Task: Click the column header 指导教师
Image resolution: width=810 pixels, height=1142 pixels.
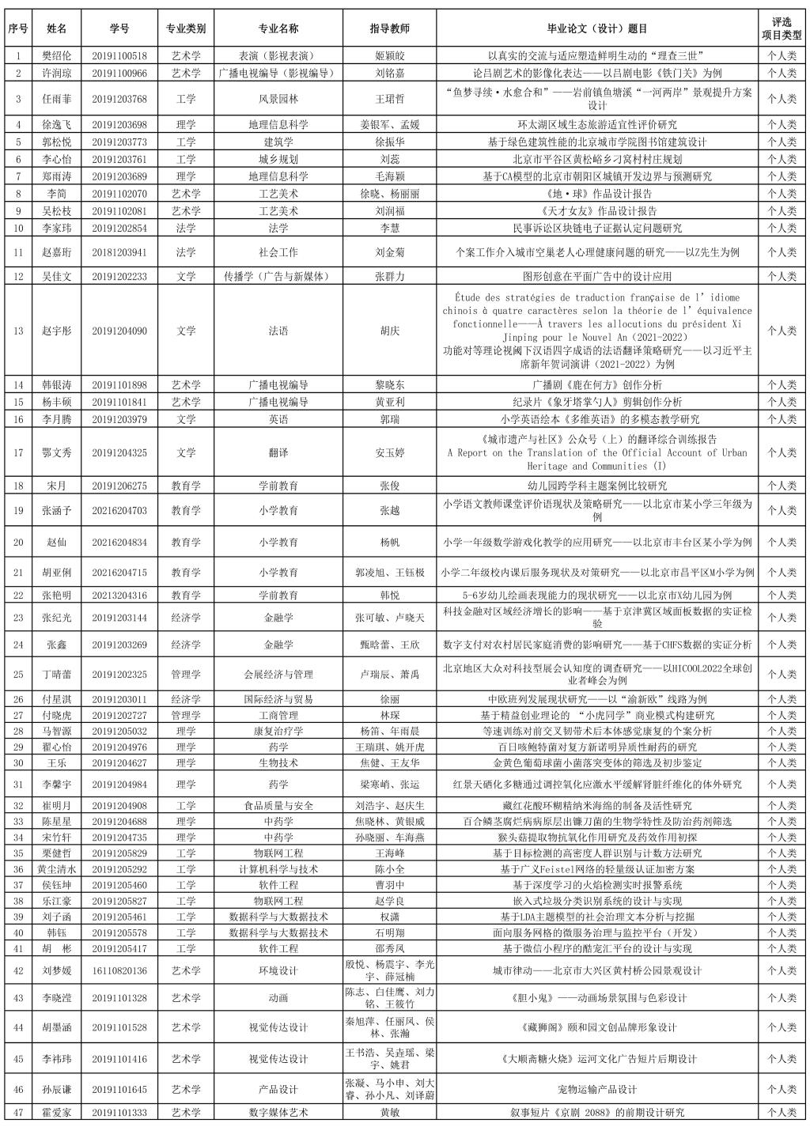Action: click(x=389, y=29)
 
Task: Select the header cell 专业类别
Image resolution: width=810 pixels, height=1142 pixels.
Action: click(x=186, y=29)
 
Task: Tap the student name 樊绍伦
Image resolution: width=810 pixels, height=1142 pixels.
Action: click(x=56, y=56)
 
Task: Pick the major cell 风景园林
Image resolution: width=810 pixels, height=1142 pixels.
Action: click(x=278, y=99)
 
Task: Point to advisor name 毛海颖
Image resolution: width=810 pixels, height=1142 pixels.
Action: click(x=389, y=176)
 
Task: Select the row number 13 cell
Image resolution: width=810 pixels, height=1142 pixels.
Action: click(x=18, y=331)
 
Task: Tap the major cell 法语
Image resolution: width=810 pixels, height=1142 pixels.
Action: click(x=278, y=331)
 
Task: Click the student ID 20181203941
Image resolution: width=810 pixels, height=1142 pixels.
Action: click(x=119, y=252)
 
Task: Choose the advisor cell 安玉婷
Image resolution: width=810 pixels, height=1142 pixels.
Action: click(x=389, y=453)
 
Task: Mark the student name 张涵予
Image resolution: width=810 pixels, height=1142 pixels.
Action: click(x=56, y=511)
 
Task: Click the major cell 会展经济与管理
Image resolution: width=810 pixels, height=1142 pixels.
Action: click(x=278, y=675)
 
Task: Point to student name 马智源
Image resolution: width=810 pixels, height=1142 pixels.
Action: click(x=56, y=731)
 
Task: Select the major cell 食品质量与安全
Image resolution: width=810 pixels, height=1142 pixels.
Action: click(x=278, y=806)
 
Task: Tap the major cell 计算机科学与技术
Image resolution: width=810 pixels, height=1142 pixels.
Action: click(x=278, y=869)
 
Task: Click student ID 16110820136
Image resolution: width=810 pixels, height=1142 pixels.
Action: click(x=119, y=970)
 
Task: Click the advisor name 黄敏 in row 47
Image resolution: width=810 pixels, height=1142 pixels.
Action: click(x=389, y=1113)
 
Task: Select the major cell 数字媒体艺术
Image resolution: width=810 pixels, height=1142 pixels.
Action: click(x=278, y=1113)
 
